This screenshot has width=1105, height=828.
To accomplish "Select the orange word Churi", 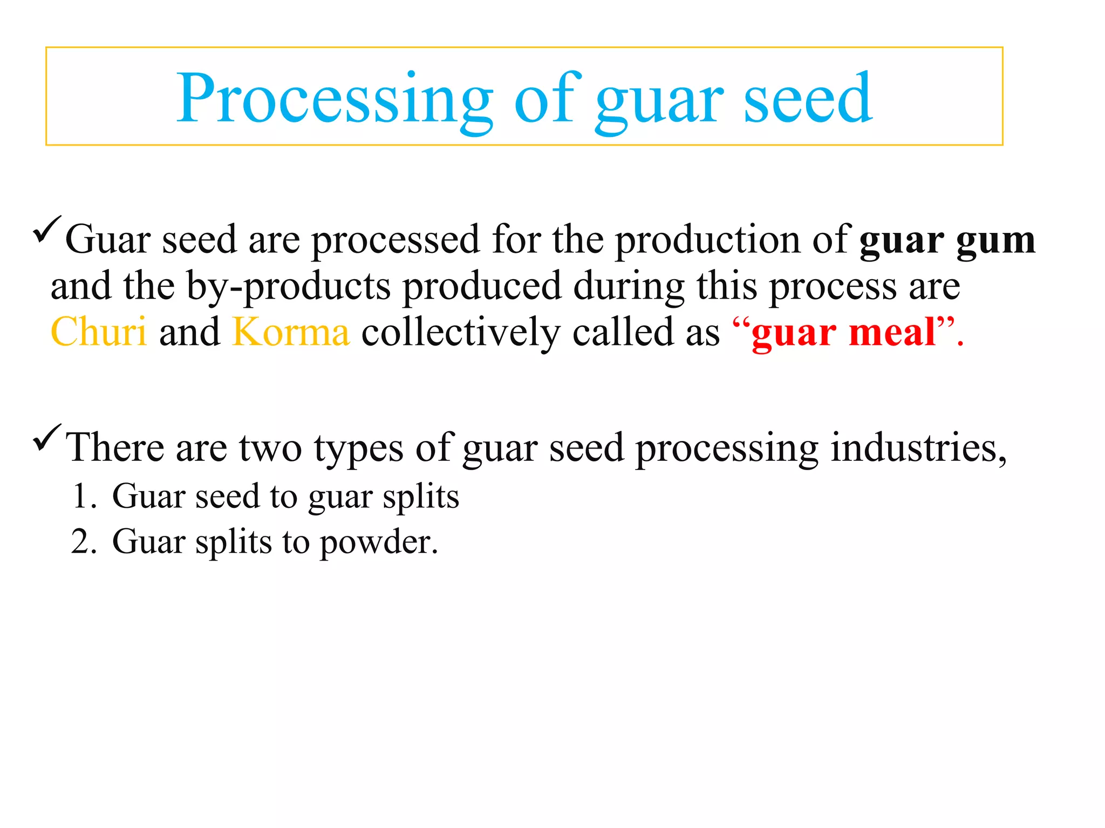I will coord(99,332).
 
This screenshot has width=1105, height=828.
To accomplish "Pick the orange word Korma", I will coord(291,332).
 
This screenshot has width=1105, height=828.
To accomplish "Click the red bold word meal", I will coord(892,332).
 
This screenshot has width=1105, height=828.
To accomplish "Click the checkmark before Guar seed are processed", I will coord(47,229).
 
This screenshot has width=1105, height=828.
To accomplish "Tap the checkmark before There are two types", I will coord(47,438).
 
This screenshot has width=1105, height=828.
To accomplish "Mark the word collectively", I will coord(461,332).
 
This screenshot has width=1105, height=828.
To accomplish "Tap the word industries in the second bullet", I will coord(918,447).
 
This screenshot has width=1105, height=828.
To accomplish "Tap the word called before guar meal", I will coord(623,332).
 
